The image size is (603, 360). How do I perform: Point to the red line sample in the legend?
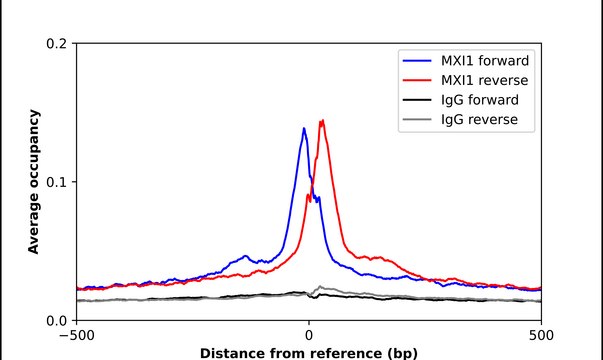point(415,80)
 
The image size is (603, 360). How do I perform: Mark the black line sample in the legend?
point(415,101)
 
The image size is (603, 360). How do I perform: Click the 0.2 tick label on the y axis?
point(57,44)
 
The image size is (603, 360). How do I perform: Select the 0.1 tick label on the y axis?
point(57,182)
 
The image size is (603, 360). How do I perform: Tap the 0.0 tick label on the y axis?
point(57,320)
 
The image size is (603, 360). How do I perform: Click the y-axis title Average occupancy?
point(33,182)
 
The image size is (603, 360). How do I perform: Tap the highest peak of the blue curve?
point(303,128)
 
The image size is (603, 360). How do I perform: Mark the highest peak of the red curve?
point(322,121)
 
